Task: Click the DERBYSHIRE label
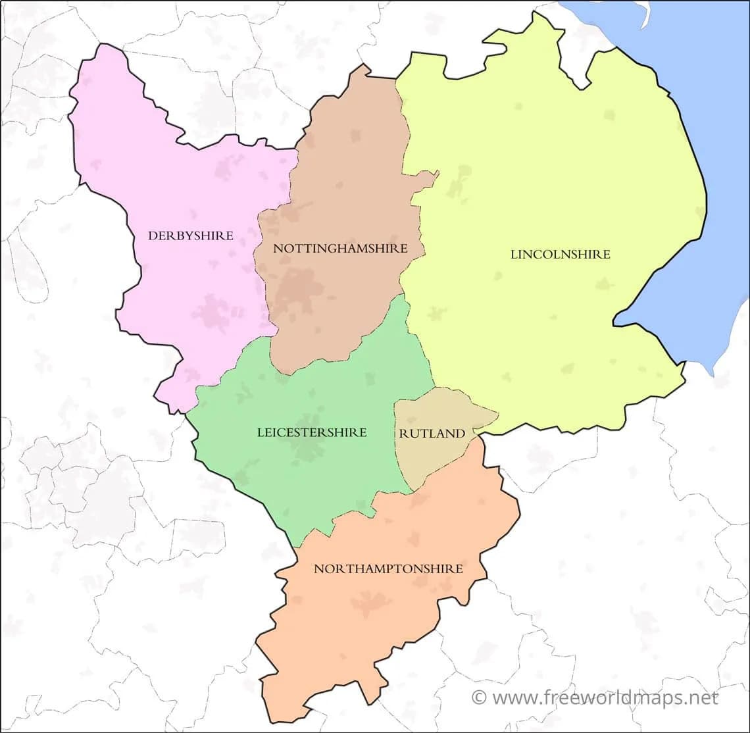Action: coord(191,236)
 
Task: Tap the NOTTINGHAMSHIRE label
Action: coord(340,249)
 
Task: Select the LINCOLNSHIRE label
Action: coord(561,254)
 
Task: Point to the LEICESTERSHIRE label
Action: coord(312,432)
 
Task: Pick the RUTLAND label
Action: coord(432,434)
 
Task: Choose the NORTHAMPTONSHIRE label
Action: coord(388,569)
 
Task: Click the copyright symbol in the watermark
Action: coord(480,697)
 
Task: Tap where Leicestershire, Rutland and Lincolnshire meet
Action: coord(433,386)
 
